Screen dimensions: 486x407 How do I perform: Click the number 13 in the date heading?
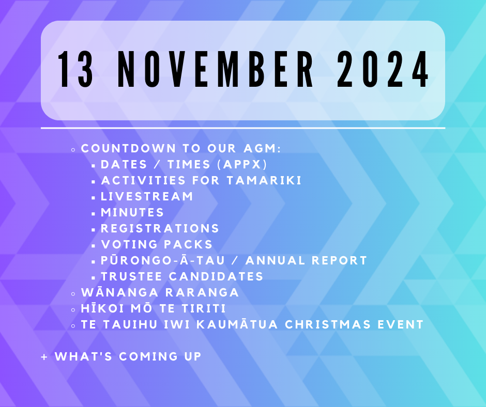[x=75, y=69]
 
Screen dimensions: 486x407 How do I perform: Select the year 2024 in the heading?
[x=383, y=69]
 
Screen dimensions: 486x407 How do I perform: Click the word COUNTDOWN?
[x=129, y=148]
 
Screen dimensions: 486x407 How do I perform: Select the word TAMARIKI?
[x=264, y=181]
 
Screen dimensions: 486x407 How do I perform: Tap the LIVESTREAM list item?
[x=147, y=196]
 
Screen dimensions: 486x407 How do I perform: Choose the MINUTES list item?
[x=132, y=212]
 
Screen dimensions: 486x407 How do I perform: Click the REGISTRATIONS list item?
[x=160, y=229]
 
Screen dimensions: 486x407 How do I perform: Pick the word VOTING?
[x=130, y=244]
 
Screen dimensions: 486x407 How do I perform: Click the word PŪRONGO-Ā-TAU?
[x=163, y=260]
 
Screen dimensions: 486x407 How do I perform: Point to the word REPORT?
[x=339, y=260]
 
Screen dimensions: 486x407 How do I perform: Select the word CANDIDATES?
[x=216, y=277]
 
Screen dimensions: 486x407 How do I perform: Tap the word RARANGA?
[x=202, y=292]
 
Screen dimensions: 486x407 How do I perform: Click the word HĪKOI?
[x=102, y=308]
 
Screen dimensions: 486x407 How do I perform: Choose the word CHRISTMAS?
[x=328, y=324]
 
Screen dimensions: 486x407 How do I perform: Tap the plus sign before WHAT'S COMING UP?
[x=44, y=357]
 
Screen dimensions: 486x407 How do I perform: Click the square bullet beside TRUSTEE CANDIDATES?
[x=93, y=277]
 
